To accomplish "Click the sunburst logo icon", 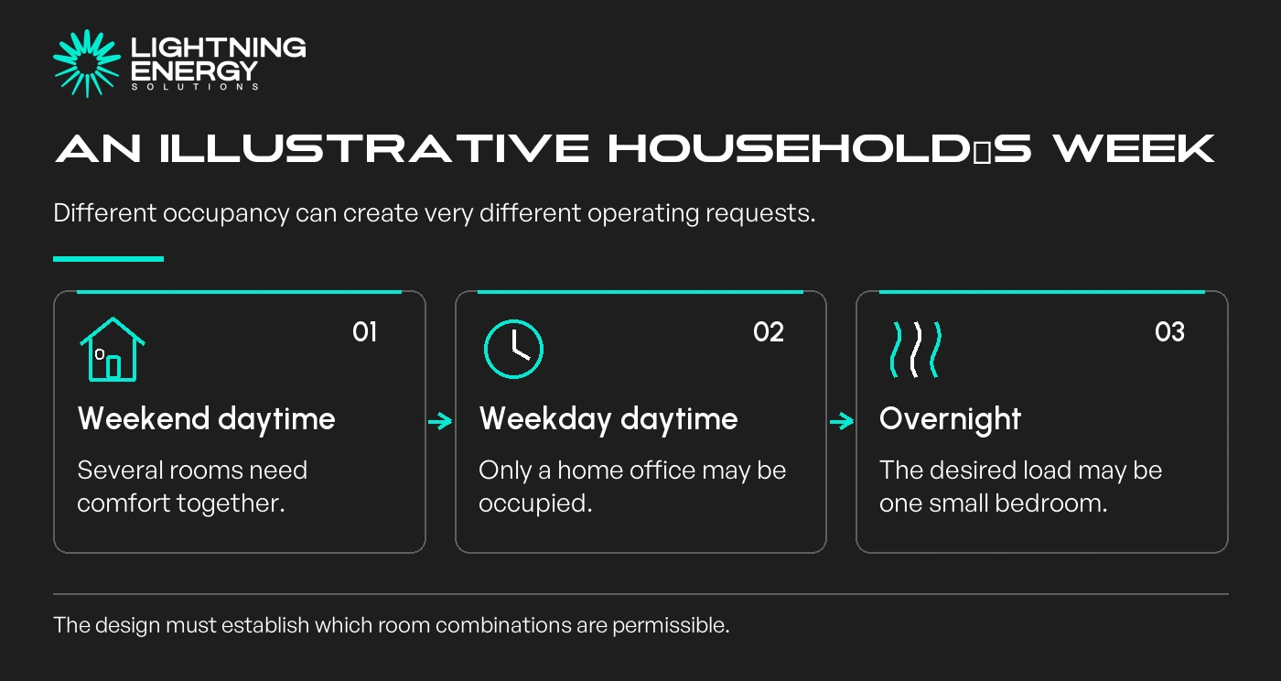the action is (x=87, y=63).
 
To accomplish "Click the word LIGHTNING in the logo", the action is (x=219, y=48).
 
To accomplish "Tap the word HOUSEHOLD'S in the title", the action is (x=820, y=149).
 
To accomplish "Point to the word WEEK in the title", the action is (x=1134, y=149).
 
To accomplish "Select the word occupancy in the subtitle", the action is (x=226, y=214).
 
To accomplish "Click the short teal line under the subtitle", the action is (x=108, y=259).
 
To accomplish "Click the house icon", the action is (x=113, y=349).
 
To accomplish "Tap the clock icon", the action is (x=513, y=349).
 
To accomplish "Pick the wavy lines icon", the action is (x=916, y=350).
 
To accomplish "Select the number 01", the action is (x=365, y=332).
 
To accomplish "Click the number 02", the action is (x=768, y=332).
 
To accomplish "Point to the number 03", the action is (x=1169, y=332).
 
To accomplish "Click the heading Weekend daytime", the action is (x=207, y=419).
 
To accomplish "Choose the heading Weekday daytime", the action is (x=608, y=419).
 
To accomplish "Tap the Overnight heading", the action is (x=950, y=419).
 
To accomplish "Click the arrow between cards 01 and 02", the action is (x=440, y=422).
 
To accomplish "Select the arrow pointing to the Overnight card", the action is (x=842, y=422).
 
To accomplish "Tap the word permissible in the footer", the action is (x=671, y=625).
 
